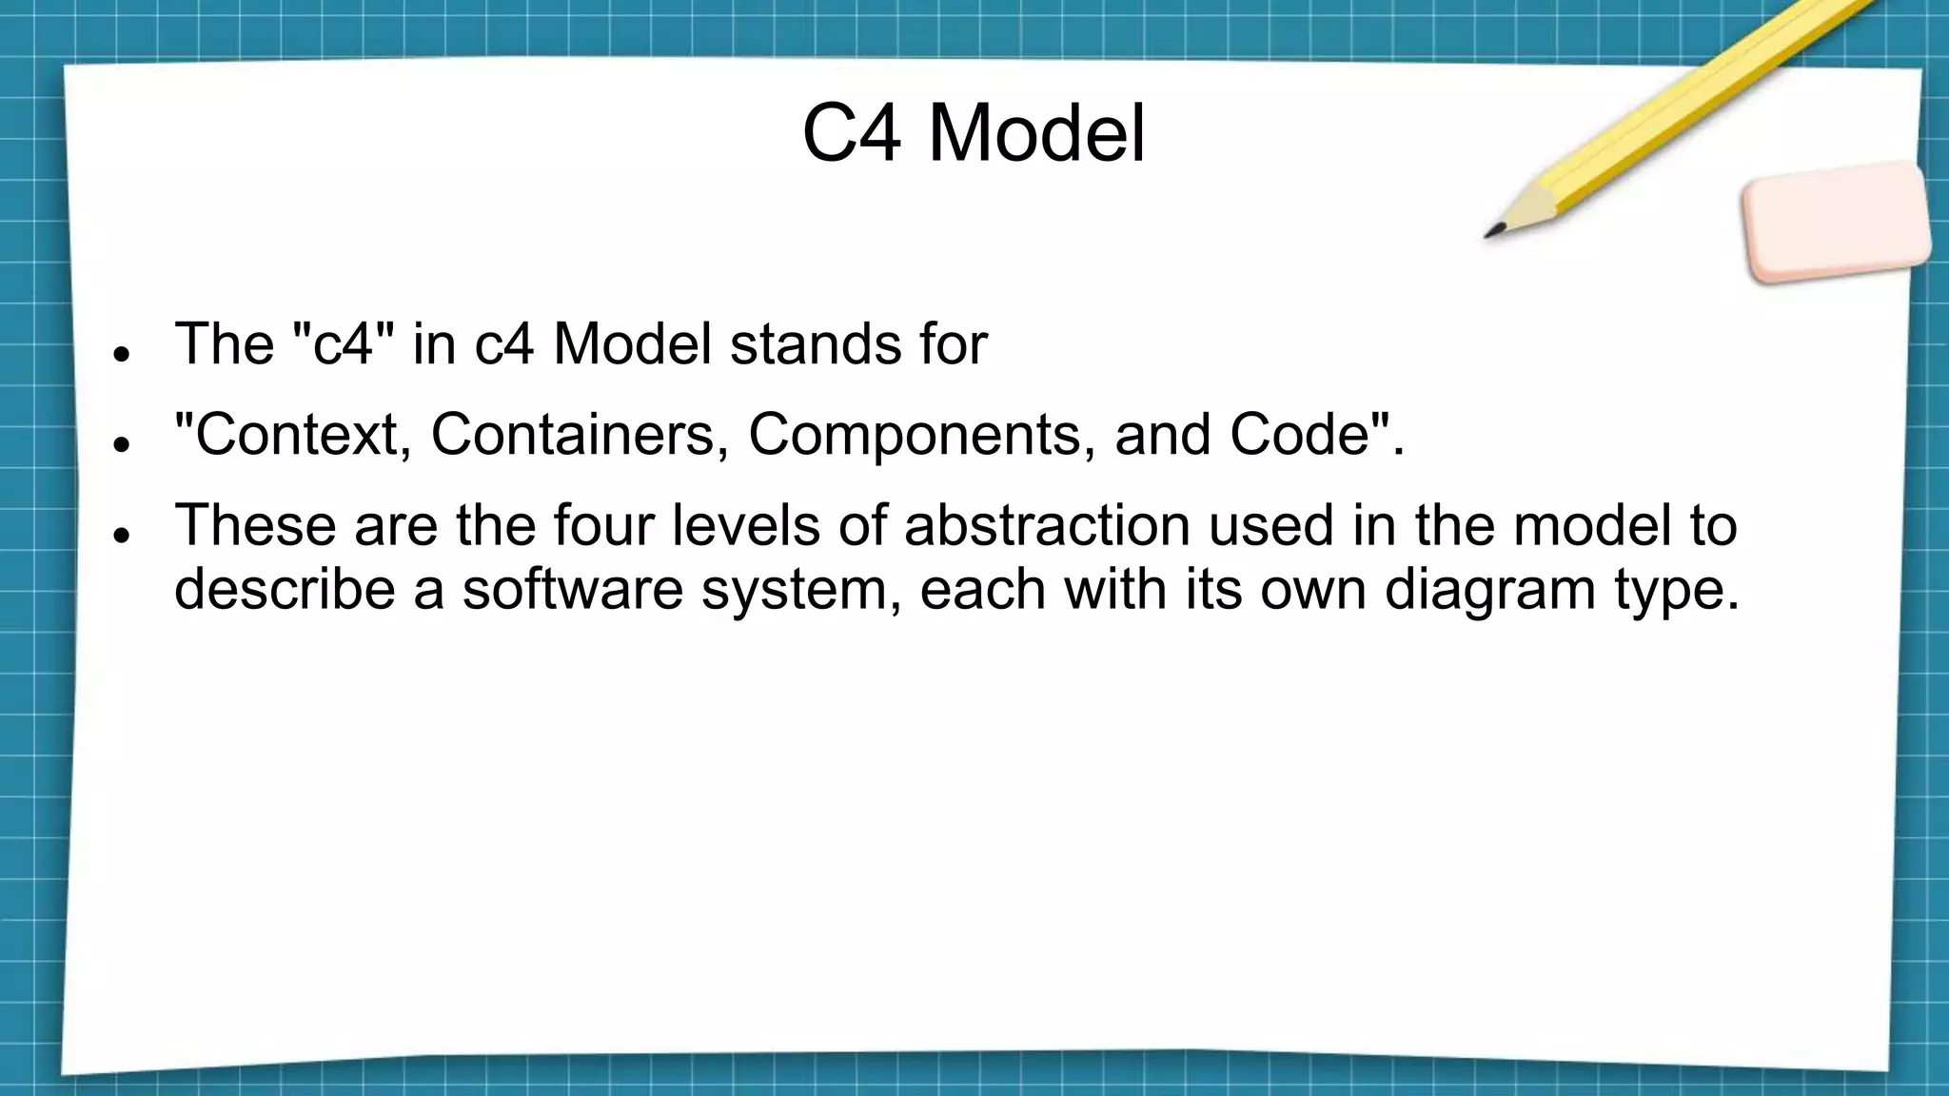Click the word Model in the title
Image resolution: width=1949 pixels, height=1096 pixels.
point(1036,133)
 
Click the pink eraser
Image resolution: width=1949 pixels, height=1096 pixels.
point(1836,223)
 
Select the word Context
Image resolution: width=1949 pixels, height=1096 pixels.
point(300,435)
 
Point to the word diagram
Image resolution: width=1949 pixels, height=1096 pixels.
point(1489,590)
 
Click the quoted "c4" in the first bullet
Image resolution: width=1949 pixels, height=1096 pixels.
point(342,343)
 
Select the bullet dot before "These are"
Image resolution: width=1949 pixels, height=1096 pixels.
point(120,536)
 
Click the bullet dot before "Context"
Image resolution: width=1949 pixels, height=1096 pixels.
point(120,444)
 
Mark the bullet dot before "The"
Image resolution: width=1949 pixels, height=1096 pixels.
point(120,354)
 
